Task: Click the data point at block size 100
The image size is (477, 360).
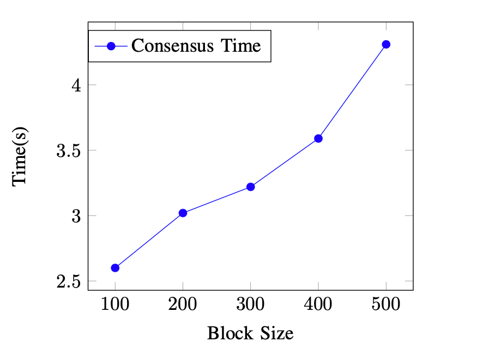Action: (x=115, y=268)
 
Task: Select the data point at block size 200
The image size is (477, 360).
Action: (x=183, y=213)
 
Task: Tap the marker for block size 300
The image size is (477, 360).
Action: (x=251, y=187)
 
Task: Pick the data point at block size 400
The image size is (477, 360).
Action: (x=318, y=138)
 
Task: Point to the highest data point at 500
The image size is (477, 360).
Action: (x=386, y=44)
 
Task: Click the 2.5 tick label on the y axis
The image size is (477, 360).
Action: (x=69, y=282)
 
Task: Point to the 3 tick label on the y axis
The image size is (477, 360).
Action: (x=76, y=216)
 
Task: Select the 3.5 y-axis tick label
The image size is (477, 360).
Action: (x=69, y=151)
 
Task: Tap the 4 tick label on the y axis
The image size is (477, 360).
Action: (x=76, y=86)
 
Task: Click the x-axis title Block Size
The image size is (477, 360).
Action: (x=250, y=333)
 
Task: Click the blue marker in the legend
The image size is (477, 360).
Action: (x=111, y=46)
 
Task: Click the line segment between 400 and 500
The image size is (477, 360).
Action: (x=352, y=91)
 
